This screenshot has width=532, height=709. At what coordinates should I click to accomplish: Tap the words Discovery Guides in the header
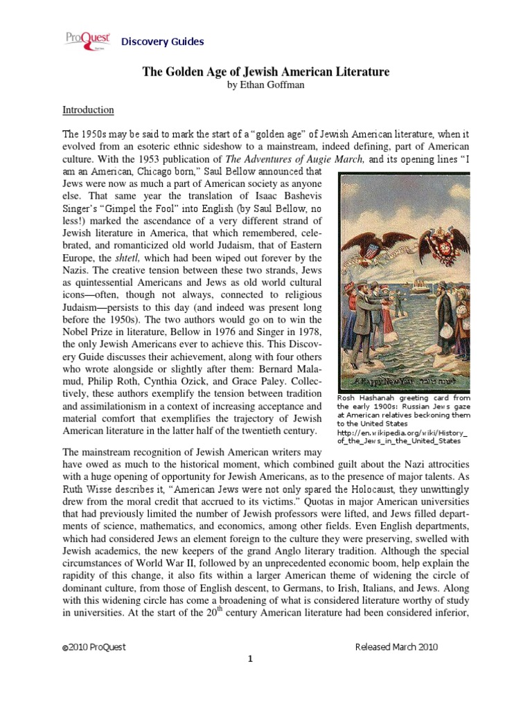163,42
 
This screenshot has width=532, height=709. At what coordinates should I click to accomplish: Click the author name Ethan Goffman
265,86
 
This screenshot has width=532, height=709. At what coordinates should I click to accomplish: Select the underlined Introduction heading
88,109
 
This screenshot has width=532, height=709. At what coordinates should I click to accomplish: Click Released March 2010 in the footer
396,647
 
